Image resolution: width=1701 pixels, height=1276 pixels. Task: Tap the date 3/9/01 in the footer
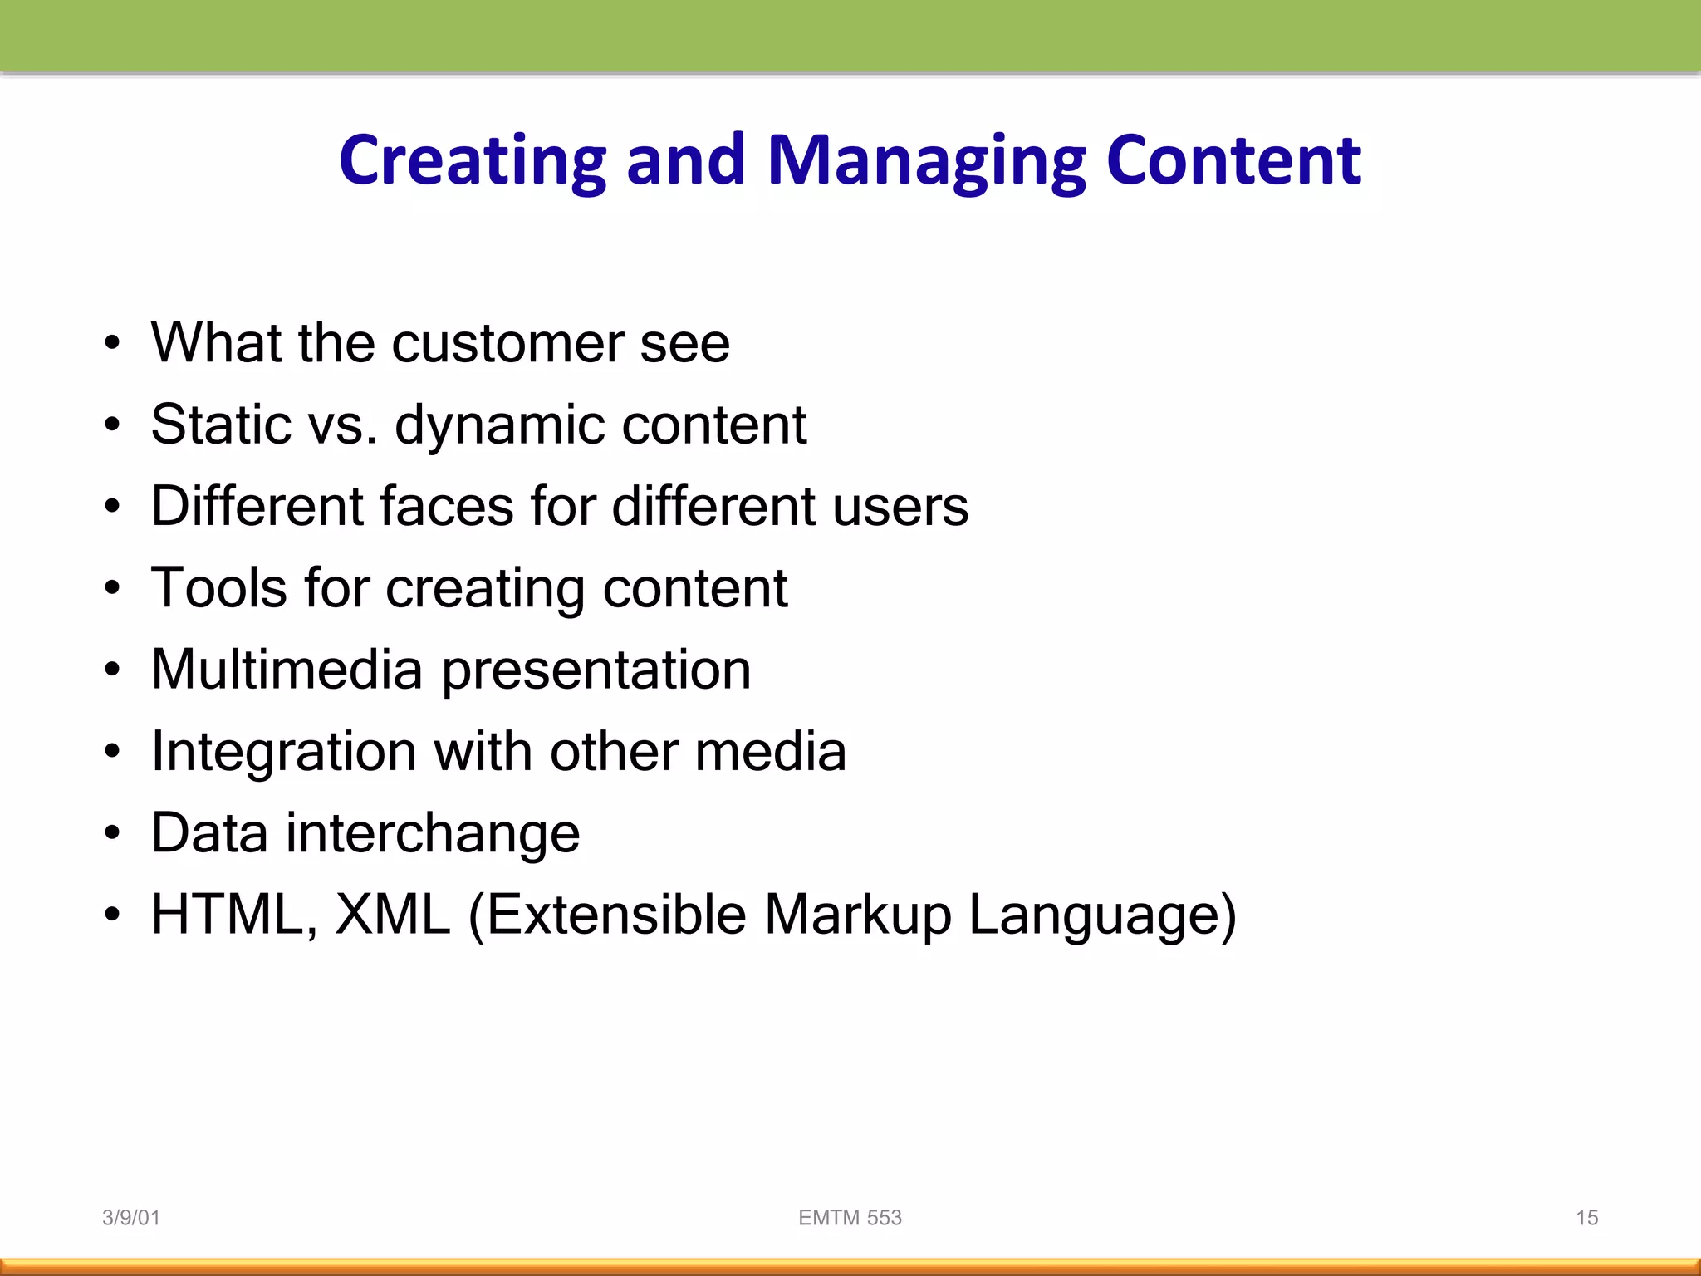pyautogui.click(x=130, y=1218)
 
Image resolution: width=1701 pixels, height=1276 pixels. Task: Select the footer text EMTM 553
pyautogui.click(x=850, y=1218)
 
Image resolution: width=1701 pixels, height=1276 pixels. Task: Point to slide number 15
pyautogui.click(x=1586, y=1218)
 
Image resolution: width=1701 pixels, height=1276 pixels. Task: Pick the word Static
pyautogui.click(x=221, y=424)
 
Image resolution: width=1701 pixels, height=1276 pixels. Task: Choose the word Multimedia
pyautogui.click(x=287, y=670)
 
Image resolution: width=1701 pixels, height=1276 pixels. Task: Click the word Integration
pyautogui.click(x=283, y=752)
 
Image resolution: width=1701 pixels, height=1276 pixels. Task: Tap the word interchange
pyautogui.click(x=432, y=833)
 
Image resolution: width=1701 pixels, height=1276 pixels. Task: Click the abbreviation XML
pyautogui.click(x=392, y=915)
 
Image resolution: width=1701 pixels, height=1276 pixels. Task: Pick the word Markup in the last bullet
pyautogui.click(x=857, y=915)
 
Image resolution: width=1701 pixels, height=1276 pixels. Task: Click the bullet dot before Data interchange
pyautogui.click(x=112, y=833)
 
